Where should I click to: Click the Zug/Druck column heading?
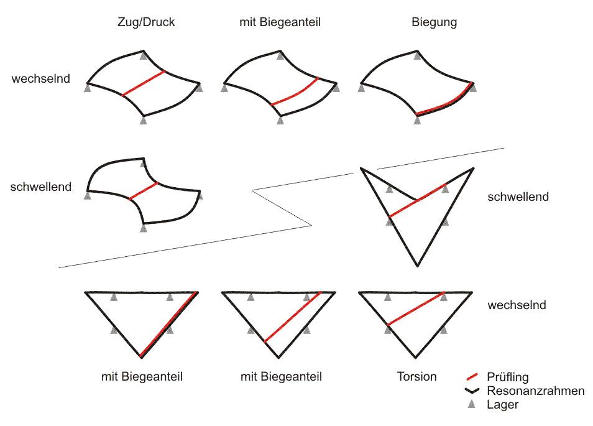click(146, 22)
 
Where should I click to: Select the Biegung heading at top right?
click(434, 22)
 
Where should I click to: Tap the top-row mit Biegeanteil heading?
click(280, 22)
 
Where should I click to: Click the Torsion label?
click(416, 376)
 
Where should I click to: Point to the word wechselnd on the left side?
click(41, 78)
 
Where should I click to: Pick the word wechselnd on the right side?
click(517, 305)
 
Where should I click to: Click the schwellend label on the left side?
click(41, 187)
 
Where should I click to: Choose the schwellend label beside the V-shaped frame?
click(518, 197)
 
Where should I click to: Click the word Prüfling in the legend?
click(507, 377)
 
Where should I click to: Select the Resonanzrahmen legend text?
click(536, 391)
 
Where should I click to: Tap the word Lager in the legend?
click(502, 404)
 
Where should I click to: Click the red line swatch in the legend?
click(472, 376)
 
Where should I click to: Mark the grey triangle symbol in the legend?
click(471, 404)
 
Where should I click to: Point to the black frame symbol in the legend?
click(472, 391)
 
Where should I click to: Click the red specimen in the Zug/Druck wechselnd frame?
click(144, 83)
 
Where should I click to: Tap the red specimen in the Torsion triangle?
click(416, 308)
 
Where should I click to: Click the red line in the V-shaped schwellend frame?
click(418, 200)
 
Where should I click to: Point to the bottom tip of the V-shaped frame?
click(418, 266)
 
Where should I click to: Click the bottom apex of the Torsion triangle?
click(415, 358)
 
